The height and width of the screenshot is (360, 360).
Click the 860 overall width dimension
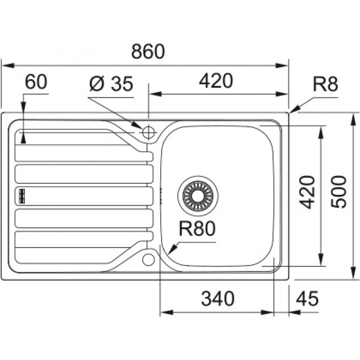[148, 52]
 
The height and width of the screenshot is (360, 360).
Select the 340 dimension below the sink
[217, 299]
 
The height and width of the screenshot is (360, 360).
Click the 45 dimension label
[307, 299]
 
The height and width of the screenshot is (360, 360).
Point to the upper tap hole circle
[148, 132]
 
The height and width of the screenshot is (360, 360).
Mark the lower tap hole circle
[148, 259]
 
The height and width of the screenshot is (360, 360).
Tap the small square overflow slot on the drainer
[23, 195]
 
